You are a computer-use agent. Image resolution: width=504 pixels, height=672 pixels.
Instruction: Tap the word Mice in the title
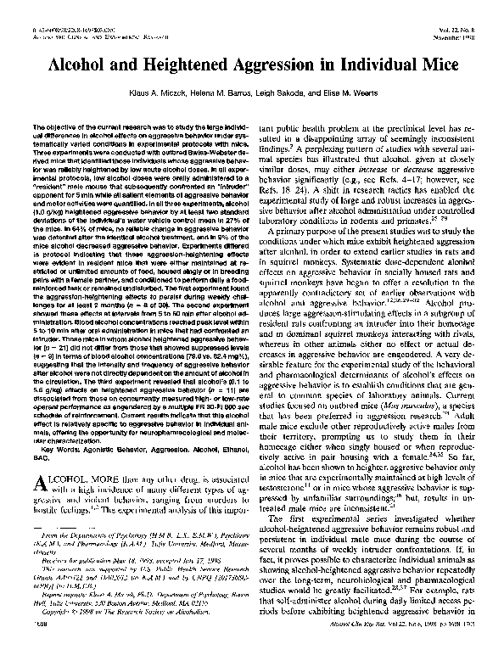[x=434, y=64]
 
